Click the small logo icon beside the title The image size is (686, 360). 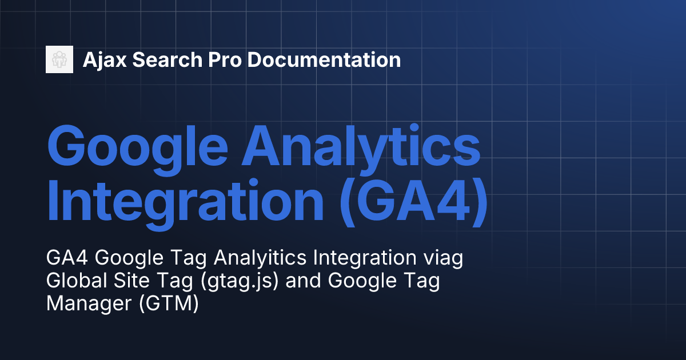point(59,59)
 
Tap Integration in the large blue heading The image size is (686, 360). point(183,203)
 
